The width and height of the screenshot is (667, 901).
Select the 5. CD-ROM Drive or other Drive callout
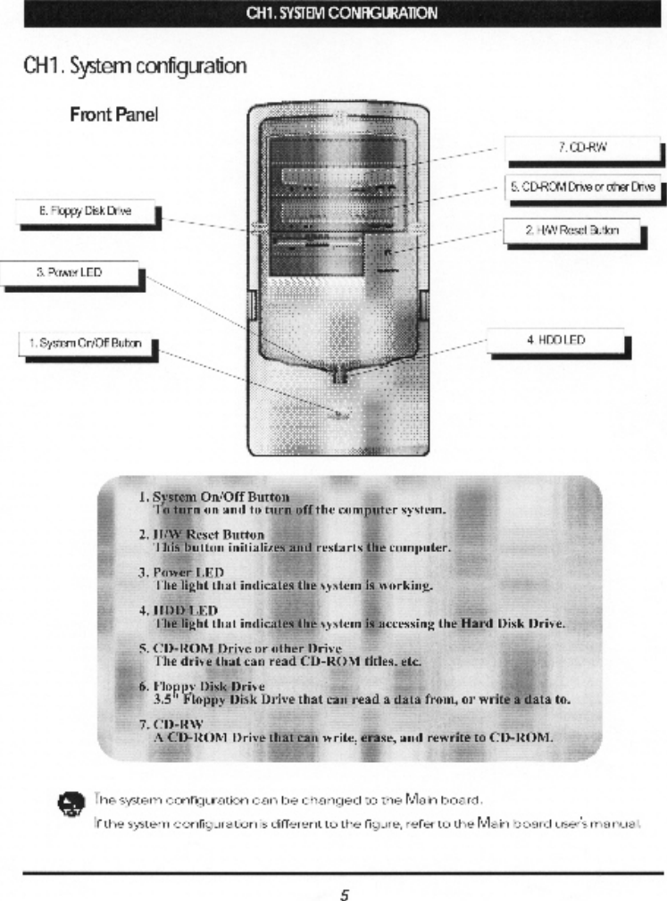point(581,188)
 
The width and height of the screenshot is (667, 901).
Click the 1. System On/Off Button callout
point(81,344)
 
